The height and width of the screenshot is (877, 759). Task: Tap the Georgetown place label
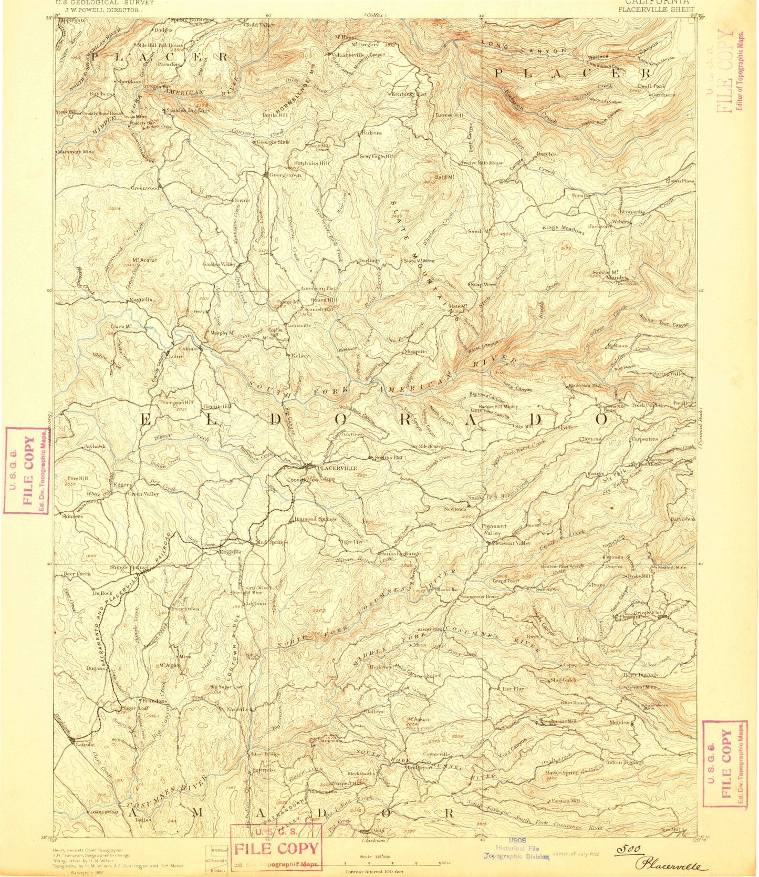coord(285,176)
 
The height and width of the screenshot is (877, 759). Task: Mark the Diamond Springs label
coord(315,519)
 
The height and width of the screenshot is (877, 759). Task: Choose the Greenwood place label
coord(145,188)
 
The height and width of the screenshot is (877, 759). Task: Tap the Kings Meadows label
coord(563,229)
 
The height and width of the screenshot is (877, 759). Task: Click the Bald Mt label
coord(443,178)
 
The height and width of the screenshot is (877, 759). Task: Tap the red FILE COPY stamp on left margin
coord(27,471)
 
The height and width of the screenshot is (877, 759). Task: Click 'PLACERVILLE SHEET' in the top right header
coord(656,9)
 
